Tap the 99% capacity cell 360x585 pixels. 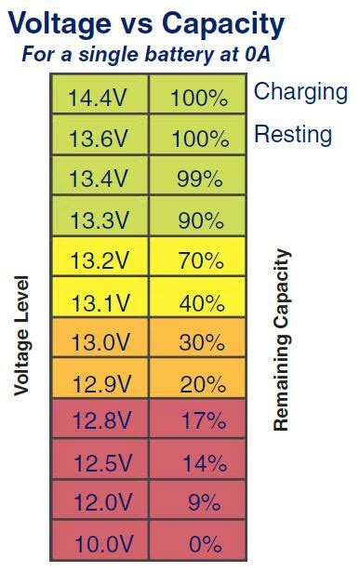[200, 179]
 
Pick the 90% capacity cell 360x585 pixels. [200, 220]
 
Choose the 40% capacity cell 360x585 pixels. [200, 301]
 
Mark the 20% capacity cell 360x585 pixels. [200, 383]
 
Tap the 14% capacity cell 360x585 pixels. [200, 463]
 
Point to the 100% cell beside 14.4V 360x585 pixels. [200, 98]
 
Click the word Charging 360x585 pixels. [300, 92]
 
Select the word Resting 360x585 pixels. [292, 134]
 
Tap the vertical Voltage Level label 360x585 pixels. [22, 335]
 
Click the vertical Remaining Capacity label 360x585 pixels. [282, 339]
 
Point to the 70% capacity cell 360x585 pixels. [200, 260]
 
